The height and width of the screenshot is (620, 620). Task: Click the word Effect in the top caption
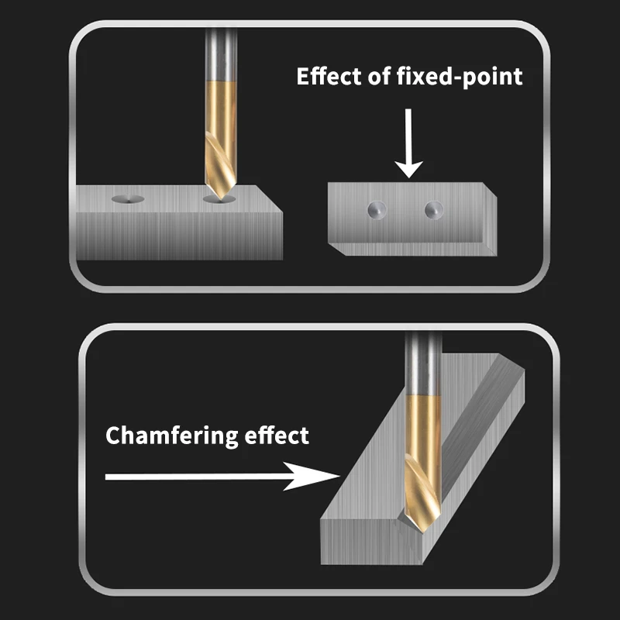(x=329, y=76)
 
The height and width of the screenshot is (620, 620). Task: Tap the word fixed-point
(x=459, y=77)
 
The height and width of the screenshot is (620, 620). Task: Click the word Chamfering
(x=171, y=436)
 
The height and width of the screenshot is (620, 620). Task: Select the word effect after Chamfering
(x=277, y=436)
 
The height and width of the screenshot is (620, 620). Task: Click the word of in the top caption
(x=379, y=76)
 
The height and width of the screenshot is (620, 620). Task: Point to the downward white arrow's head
(x=409, y=169)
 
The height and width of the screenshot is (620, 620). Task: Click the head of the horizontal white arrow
(x=312, y=476)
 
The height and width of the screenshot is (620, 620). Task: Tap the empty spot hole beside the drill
(x=128, y=199)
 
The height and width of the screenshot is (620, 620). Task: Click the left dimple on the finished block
(x=377, y=209)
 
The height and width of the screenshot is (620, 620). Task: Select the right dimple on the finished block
(x=434, y=209)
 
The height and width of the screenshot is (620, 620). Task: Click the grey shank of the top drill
(x=222, y=54)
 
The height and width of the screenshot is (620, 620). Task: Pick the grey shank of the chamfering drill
(x=423, y=363)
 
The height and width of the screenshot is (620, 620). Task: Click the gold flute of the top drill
(x=221, y=139)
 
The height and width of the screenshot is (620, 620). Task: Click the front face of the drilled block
(x=179, y=236)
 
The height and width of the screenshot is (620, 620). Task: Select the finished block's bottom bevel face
(x=412, y=249)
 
